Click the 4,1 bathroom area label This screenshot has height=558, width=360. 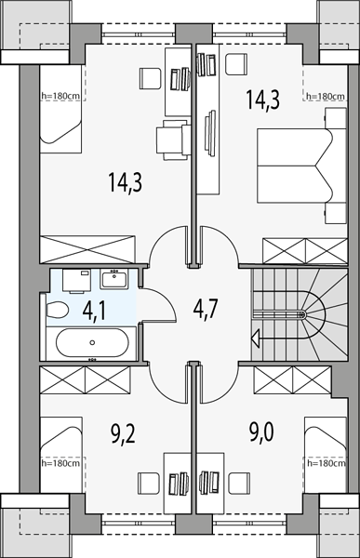94,312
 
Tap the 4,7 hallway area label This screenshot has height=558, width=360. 205,309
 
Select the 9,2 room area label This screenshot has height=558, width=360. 123,433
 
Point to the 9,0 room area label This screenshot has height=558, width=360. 260,433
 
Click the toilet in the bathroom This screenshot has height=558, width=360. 57,311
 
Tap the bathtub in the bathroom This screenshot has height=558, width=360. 92,342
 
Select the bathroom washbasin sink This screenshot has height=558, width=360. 113,279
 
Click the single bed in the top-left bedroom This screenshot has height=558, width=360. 60,109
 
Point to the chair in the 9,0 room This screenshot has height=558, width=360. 239,482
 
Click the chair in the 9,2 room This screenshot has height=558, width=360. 149,482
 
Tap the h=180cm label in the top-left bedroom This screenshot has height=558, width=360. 60,96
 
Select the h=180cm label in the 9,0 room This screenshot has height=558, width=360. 326,463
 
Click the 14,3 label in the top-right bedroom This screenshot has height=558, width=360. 263,100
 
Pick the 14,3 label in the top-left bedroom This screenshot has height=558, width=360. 126,182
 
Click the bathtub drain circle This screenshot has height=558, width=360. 92,342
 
